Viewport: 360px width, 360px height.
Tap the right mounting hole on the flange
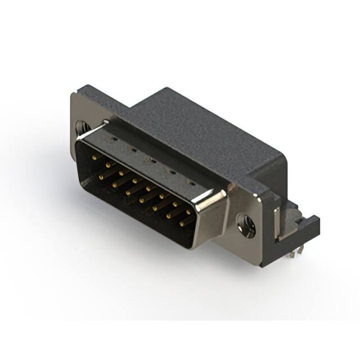[x=246, y=225]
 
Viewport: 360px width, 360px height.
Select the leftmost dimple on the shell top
[x=114, y=137]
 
